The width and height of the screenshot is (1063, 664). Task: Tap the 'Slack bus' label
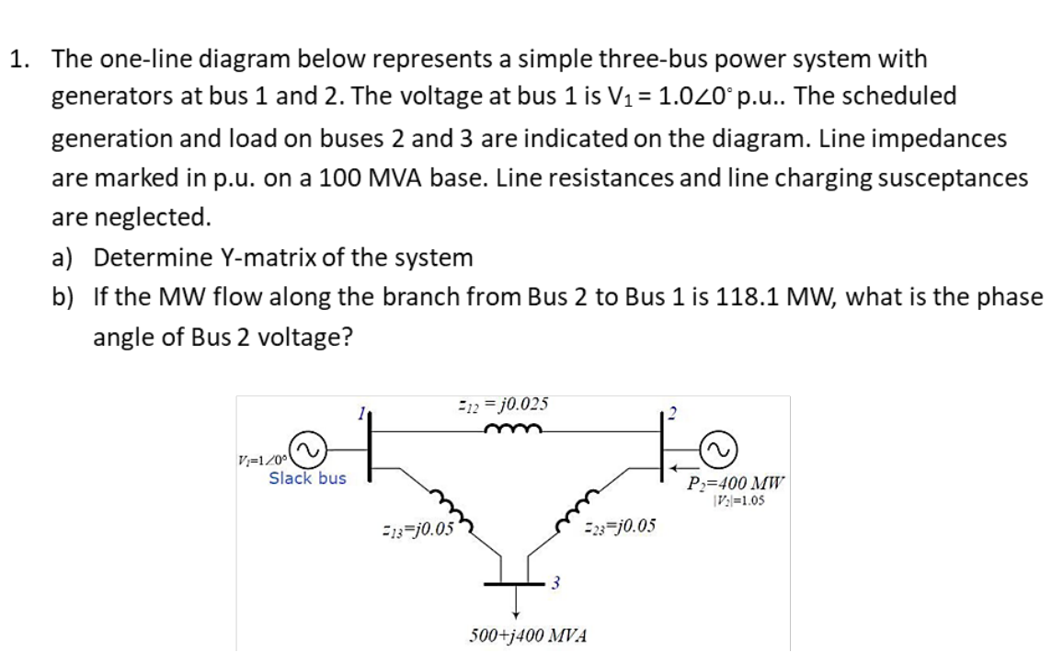(307, 478)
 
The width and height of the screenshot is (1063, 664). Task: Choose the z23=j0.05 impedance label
(620, 527)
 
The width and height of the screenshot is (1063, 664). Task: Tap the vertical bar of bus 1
(371, 451)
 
